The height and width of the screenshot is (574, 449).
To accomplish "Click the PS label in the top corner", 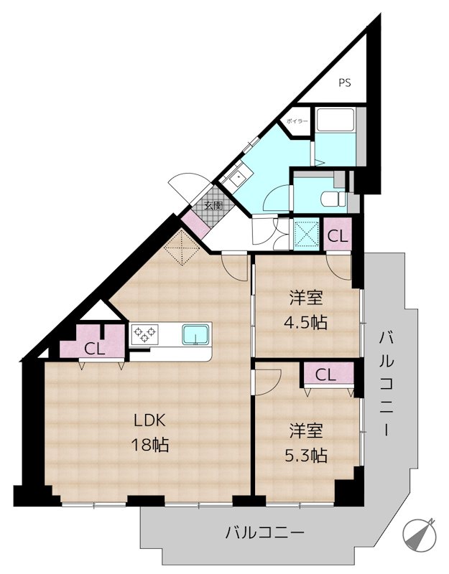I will [346, 83].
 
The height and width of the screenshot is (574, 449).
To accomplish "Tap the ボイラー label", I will [297, 121].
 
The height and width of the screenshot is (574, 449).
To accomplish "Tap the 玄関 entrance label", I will [213, 205].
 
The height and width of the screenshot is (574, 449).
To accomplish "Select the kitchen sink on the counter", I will [195, 334].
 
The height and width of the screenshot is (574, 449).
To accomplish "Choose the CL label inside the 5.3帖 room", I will [325, 375].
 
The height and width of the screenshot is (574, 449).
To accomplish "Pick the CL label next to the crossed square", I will [338, 235].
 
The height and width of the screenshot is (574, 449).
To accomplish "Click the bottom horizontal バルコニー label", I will [265, 533].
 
